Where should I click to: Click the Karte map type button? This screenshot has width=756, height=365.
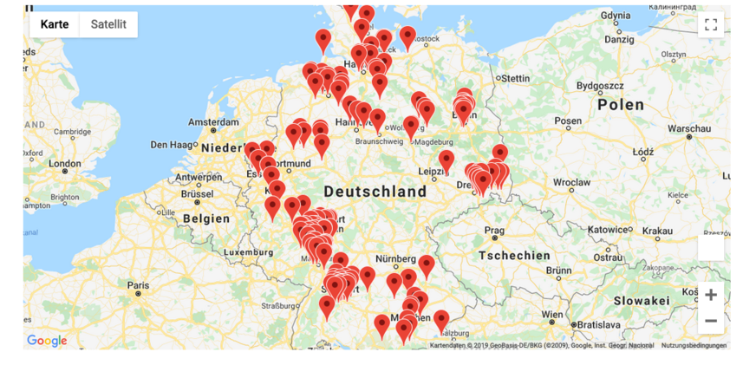click(55, 24)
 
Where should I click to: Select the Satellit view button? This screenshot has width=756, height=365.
click(108, 24)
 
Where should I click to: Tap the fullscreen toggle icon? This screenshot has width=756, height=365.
click(710, 24)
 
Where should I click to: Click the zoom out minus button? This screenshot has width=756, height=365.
click(710, 321)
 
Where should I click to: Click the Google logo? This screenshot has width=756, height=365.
click(47, 341)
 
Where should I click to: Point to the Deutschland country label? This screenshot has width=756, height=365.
click(375, 192)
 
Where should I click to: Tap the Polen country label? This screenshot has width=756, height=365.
click(620, 105)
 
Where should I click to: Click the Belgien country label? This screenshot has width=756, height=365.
click(206, 218)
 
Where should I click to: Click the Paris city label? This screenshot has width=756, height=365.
click(138, 285)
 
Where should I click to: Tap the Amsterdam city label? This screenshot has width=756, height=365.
click(212, 122)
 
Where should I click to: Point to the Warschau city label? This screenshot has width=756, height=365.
click(689, 128)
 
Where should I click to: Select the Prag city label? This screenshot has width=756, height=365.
click(494, 231)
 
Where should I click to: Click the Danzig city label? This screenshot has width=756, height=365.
click(619, 39)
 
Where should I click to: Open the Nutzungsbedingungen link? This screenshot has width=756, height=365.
click(694, 345)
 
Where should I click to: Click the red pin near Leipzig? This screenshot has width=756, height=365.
click(446, 160)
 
